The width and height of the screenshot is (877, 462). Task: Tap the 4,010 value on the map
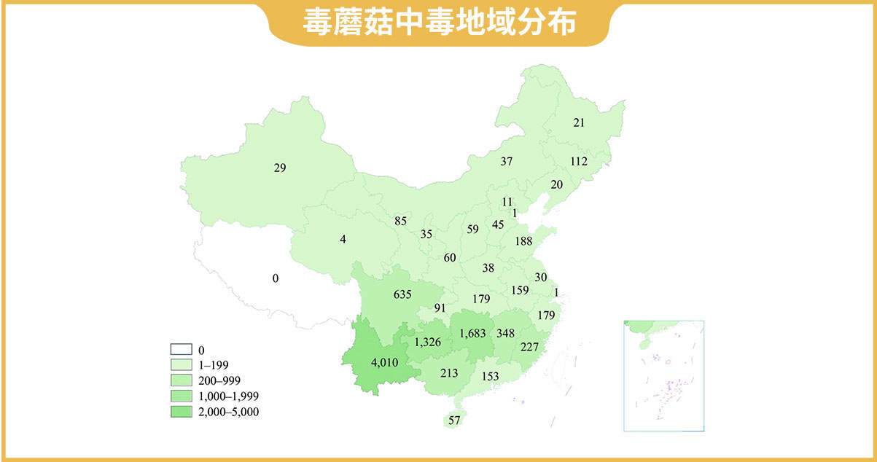(x=383, y=361)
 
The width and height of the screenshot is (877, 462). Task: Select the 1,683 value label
(x=478, y=333)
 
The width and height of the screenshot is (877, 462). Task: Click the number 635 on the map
(x=402, y=294)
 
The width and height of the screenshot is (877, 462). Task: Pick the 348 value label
(x=505, y=333)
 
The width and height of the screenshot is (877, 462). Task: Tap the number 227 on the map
(x=529, y=347)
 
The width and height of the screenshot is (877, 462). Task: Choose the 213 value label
(x=449, y=373)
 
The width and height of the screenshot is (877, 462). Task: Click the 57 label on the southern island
(x=455, y=420)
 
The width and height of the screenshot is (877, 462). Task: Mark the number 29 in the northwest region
(x=280, y=168)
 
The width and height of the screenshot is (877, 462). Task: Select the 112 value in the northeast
(x=579, y=161)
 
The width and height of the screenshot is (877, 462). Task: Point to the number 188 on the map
(x=523, y=241)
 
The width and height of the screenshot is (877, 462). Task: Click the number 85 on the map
(x=400, y=221)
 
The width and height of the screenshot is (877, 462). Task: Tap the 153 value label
(x=490, y=376)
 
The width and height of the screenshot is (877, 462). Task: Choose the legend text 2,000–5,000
(x=229, y=412)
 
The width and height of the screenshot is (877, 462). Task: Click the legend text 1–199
(x=214, y=364)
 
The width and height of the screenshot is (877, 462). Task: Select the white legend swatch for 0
(x=181, y=349)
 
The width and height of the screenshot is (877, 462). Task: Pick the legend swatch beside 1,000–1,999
(x=181, y=396)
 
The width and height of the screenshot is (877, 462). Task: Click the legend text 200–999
(x=219, y=380)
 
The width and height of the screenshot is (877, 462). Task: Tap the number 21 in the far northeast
(x=579, y=122)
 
